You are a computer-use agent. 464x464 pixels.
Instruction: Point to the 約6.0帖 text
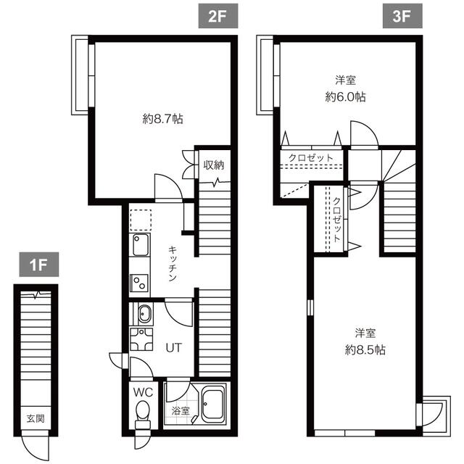345,96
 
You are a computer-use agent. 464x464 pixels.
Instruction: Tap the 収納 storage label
213,165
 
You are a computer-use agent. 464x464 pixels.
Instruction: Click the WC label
142,392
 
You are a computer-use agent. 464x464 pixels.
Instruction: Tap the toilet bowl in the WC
142,413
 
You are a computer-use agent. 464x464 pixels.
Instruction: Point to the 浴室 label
180,411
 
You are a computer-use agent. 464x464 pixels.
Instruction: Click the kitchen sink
140,245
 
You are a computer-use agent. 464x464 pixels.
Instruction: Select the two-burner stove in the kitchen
139,281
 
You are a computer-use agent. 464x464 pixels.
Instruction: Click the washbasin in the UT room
143,315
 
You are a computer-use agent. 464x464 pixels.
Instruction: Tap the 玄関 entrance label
35,418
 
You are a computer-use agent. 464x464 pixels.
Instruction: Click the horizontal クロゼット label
311,157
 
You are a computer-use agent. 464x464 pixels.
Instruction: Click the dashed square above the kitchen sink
140,219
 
